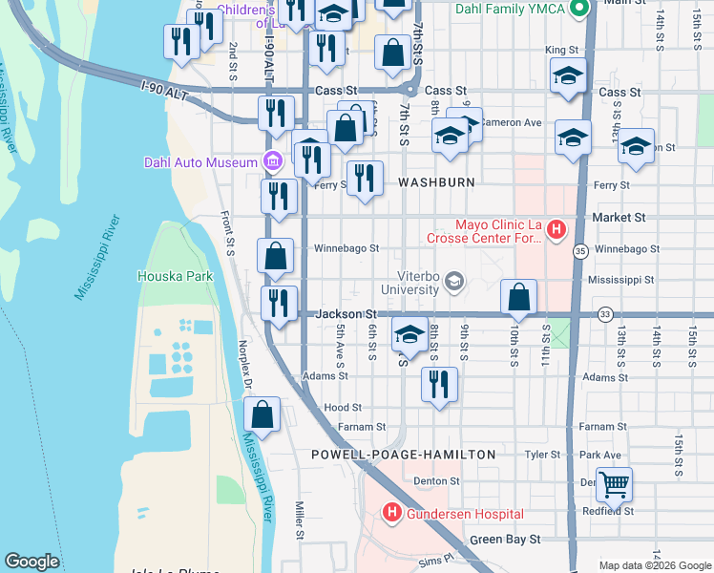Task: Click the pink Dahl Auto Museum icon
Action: pyautogui.click(x=273, y=161)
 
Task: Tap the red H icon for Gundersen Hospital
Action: pyautogui.click(x=390, y=513)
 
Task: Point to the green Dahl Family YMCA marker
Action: pyautogui.click(x=577, y=10)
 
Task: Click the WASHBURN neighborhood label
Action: pyautogui.click(x=436, y=181)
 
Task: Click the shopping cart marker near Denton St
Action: pyautogui.click(x=614, y=484)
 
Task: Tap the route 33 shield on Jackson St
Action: pyautogui.click(x=604, y=313)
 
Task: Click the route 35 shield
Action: pyautogui.click(x=580, y=250)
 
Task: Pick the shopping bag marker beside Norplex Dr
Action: pyautogui.click(x=262, y=414)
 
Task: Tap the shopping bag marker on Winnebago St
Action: pyautogui.click(x=276, y=255)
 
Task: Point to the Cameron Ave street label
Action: pyautogui.click(x=511, y=122)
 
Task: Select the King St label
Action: pyautogui.click(x=562, y=50)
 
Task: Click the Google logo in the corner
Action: pyautogui.click(x=31, y=562)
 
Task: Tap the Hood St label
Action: pyautogui.click(x=343, y=407)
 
